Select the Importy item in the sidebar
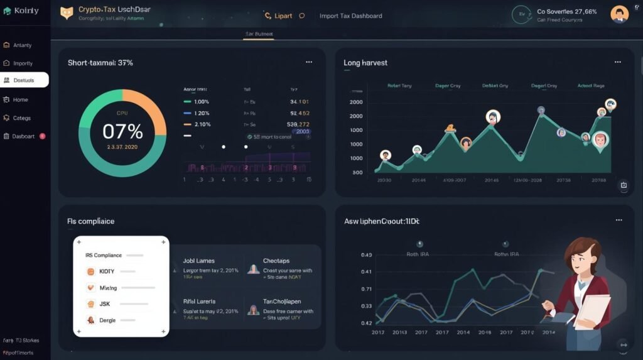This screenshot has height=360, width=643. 23,63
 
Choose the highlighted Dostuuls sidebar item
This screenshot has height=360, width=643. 24,80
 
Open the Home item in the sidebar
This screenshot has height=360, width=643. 20,100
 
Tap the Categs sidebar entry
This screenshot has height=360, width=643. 21,118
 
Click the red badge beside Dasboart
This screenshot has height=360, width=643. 42,136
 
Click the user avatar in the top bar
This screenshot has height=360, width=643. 619,14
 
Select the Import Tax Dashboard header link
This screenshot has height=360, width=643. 350,16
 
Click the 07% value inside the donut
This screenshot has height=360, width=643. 122,131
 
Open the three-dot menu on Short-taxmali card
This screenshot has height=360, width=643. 309,62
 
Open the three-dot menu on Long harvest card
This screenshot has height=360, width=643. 618,62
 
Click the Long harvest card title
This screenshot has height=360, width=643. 365,63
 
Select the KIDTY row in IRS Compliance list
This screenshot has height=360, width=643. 108,271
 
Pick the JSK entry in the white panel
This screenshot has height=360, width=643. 105,303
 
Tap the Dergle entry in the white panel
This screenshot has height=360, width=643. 107,320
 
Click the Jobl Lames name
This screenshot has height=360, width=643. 198,261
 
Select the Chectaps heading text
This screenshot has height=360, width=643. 276,261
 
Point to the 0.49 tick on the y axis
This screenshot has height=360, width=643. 367,255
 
